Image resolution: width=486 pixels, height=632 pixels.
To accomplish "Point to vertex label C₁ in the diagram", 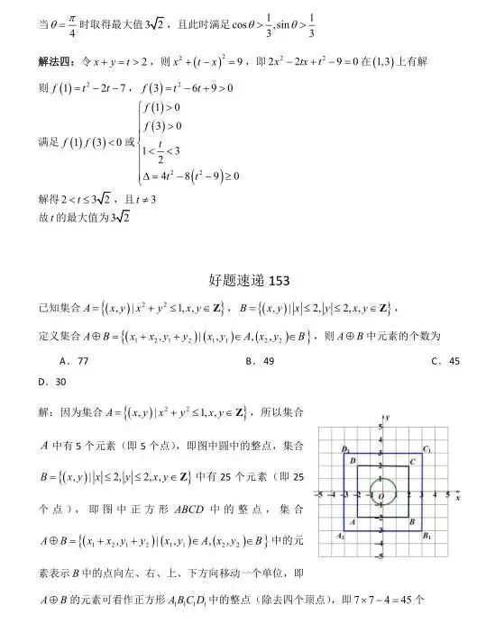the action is coord(426,448).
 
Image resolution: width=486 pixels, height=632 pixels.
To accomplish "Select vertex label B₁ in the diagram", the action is coord(427,536).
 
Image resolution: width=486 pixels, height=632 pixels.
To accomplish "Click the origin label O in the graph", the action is coord(381,496).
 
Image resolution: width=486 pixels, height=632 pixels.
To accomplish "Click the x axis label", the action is coord(458,497).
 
